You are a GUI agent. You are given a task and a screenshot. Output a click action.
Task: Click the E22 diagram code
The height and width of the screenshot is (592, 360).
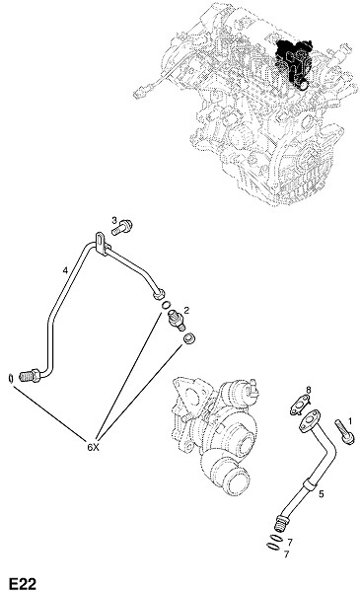[23, 583]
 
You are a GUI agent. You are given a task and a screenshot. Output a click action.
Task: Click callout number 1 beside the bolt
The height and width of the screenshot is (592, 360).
[350, 420]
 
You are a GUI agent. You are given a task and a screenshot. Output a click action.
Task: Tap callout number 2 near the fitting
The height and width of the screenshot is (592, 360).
[186, 311]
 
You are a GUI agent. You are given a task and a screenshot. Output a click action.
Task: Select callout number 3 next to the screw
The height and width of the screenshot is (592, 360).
[114, 220]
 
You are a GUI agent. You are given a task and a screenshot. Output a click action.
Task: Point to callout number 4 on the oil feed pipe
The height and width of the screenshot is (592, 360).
[65, 270]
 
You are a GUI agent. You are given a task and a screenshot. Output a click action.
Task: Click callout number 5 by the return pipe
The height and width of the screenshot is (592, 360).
[322, 494]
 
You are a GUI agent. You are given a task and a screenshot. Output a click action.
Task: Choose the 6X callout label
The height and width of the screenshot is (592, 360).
[93, 447]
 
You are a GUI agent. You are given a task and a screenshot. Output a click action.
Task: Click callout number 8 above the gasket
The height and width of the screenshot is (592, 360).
[309, 389]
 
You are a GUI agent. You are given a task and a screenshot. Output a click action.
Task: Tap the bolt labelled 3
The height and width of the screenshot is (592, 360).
[122, 228]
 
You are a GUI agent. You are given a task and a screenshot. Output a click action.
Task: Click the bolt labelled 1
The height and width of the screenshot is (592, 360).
[345, 431]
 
